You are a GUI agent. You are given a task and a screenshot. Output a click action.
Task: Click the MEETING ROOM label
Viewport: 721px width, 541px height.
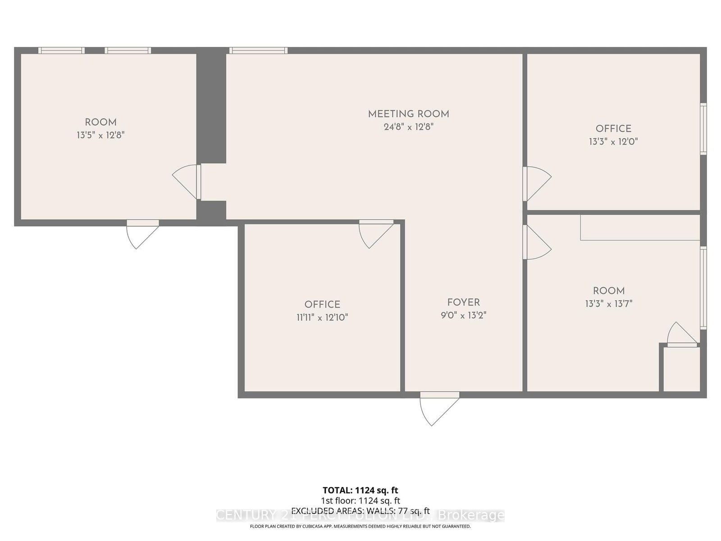click(408, 114)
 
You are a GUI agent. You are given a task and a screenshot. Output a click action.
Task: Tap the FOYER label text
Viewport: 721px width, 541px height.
click(463, 303)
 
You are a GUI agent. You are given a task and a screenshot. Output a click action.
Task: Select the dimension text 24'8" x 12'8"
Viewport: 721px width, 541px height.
click(408, 127)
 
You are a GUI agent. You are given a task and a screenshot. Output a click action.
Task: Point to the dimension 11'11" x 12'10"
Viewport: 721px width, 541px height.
click(322, 317)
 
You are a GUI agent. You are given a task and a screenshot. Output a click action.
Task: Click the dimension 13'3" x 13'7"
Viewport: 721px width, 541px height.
click(609, 304)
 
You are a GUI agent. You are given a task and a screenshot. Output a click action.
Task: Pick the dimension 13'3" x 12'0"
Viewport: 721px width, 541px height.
click(613, 142)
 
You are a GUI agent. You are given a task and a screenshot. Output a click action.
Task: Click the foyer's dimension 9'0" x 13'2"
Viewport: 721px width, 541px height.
click(463, 315)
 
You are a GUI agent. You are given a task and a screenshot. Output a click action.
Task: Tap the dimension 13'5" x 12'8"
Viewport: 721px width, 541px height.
click(100, 135)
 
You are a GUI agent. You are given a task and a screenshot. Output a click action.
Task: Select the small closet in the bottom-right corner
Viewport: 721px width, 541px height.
click(682, 369)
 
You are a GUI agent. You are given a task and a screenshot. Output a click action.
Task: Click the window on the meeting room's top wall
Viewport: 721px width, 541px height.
click(258, 50)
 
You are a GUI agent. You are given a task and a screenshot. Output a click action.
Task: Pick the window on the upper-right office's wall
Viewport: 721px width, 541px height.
click(703, 129)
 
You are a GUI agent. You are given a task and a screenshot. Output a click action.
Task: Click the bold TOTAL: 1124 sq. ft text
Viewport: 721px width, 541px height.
click(360, 490)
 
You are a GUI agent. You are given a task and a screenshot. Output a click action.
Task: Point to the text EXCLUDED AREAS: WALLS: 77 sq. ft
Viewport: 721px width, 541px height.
click(360, 511)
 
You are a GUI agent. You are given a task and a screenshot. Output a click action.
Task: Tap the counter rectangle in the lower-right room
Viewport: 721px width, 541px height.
click(640, 228)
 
